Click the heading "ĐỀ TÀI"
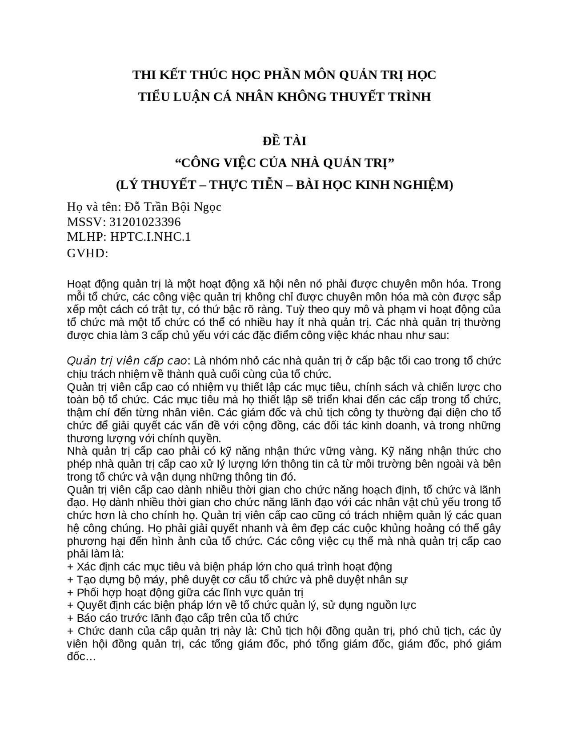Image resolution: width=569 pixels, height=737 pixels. [284, 141]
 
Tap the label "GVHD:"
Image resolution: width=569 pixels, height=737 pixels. [88, 253]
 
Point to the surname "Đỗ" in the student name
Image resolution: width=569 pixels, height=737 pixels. [134, 207]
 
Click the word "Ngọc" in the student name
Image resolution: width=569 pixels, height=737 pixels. [206, 207]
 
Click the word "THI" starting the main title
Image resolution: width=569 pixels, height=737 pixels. [143, 75]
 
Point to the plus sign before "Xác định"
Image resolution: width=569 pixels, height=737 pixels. [70, 567]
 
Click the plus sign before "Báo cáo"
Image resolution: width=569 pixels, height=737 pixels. [70, 618]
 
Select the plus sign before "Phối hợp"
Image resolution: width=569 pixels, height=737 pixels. [70, 592]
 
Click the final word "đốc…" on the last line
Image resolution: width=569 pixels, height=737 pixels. [81, 657]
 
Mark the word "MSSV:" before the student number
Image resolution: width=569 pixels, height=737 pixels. [86, 222]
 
